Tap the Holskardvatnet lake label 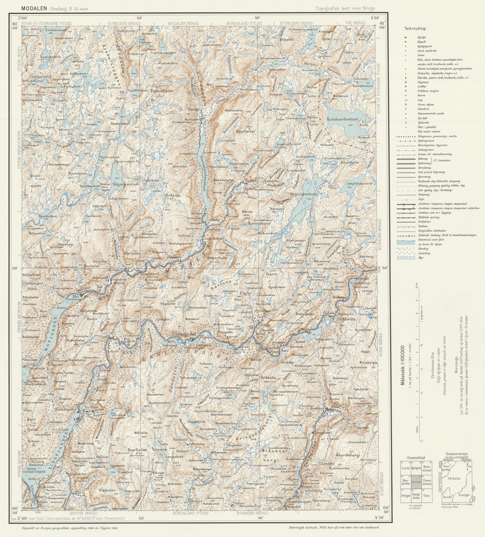tap(343, 119)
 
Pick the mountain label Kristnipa tap(368, 363)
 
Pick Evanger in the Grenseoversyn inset tap(465, 495)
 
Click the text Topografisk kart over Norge tap(345, 8)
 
